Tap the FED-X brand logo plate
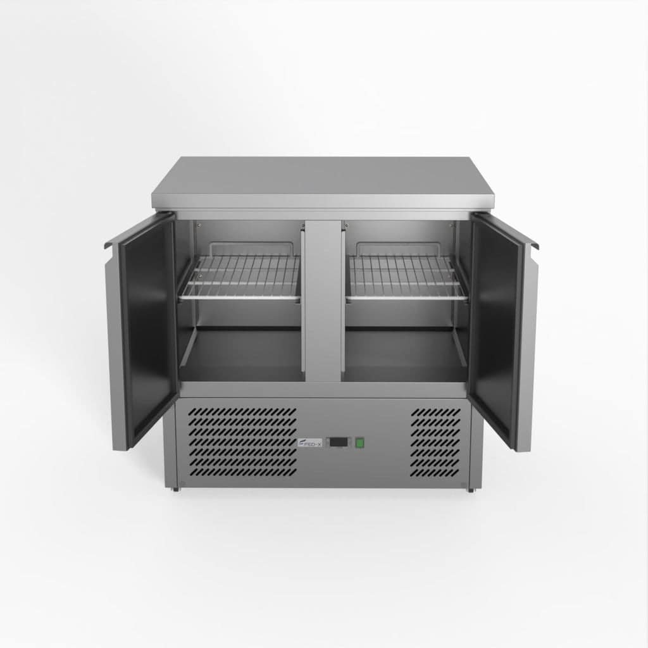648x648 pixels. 310,443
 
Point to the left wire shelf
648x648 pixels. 240,277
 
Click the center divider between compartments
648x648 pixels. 323,301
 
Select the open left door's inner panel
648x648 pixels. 147,329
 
